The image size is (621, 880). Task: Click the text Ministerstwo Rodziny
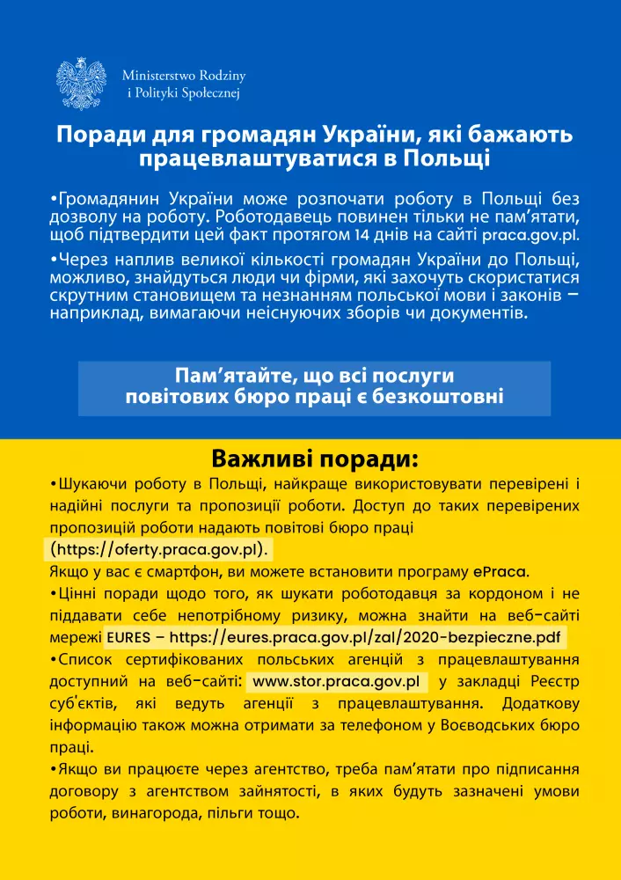click(184, 76)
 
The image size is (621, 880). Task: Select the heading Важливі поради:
click(310, 460)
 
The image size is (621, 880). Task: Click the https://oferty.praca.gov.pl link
click(158, 550)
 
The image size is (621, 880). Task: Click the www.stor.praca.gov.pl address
click(335, 682)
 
